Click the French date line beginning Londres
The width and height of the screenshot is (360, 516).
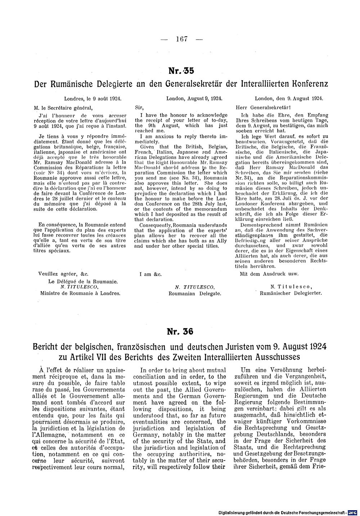[x=93, y=98]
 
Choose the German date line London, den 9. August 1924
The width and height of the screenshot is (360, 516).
[x=289, y=98]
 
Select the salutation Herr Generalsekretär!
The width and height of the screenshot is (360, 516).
[x=263, y=107]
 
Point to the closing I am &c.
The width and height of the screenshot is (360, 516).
[x=150, y=274]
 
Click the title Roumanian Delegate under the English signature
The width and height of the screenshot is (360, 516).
[x=195, y=293]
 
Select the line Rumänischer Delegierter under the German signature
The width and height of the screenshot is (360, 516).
[x=291, y=293]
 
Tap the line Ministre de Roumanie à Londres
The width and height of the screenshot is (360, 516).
[x=80, y=293]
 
